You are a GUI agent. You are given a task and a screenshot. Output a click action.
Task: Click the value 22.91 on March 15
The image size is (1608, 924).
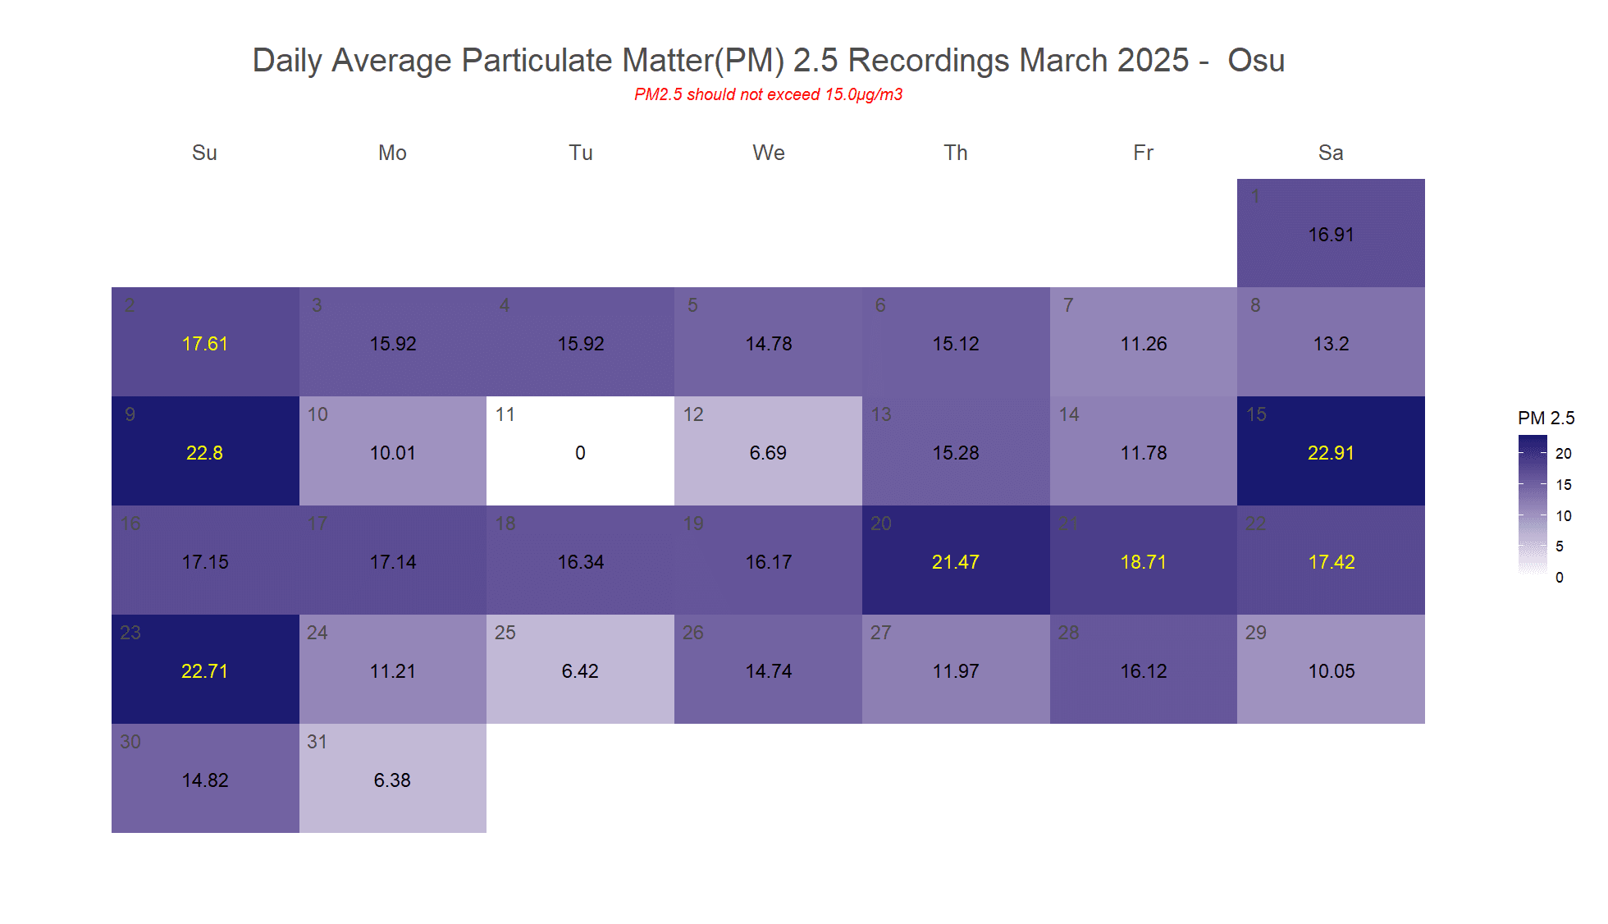click(x=1331, y=453)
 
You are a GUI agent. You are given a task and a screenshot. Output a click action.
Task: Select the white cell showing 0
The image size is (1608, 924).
click(x=580, y=451)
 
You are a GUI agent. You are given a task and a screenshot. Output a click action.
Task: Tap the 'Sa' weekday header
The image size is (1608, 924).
click(x=1331, y=153)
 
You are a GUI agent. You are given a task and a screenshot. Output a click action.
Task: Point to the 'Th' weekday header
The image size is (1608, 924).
click(x=956, y=153)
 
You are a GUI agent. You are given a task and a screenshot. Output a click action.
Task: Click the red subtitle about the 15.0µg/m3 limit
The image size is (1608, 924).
click(x=768, y=94)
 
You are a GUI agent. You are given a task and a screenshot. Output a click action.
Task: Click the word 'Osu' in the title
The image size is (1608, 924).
click(x=1255, y=61)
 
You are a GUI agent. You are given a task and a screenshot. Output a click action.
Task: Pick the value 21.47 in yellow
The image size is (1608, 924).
click(x=956, y=562)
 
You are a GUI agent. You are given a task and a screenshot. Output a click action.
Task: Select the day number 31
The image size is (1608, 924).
click(x=317, y=742)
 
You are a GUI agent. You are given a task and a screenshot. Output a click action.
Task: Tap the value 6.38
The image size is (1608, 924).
click(x=392, y=780)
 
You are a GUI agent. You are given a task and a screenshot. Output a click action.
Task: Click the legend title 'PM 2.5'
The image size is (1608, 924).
click(x=1546, y=419)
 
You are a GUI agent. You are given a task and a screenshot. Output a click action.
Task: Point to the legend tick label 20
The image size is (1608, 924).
click(x=1564, y=454)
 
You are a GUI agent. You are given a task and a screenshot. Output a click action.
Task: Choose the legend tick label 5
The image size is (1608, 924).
click(x=1560, y=547)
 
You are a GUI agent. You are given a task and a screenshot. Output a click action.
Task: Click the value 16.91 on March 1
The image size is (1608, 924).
click(x=1331, y=235)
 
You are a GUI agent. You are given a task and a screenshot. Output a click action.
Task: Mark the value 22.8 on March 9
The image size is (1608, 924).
click(x=204, y=453)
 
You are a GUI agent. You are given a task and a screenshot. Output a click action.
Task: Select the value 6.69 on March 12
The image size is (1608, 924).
click(x=768, y=453)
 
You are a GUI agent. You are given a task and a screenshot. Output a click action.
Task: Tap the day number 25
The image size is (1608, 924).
click(x=505, y=633)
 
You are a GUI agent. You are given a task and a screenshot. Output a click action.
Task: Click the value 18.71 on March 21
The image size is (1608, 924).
click(x=1143, y=562)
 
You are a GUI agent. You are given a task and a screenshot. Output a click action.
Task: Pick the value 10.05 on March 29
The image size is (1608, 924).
click(x=1331, y=671)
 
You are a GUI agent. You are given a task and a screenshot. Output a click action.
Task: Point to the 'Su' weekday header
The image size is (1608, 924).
click(x=204, y=153)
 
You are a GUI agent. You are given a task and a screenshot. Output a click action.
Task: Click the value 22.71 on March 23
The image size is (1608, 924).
click(x=204, y=671)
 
